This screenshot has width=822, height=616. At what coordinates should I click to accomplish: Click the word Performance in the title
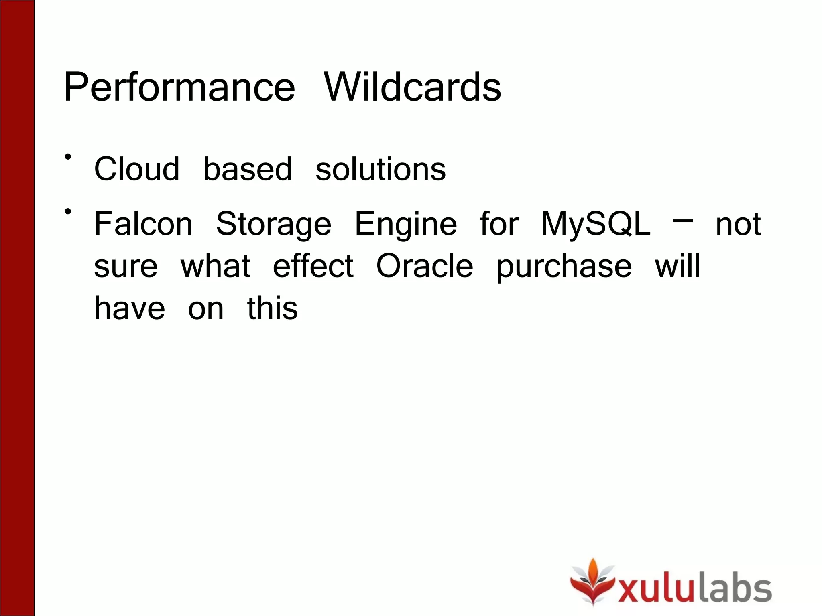point(179,87)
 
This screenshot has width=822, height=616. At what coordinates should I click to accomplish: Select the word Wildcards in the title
point(413,87)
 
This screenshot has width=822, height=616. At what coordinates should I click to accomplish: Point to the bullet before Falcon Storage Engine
point(68,211)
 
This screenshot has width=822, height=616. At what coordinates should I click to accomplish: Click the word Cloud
point(136,169)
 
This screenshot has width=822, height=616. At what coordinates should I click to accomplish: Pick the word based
point(248,169)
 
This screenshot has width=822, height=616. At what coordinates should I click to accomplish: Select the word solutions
point(380,169)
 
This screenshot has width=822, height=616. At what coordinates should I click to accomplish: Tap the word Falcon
point(143,224)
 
